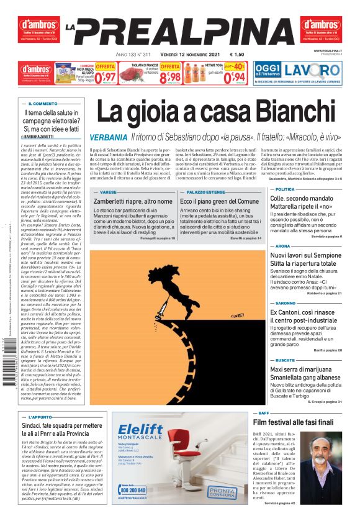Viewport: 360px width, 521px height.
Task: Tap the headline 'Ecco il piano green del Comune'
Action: click(x=219, y=202)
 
